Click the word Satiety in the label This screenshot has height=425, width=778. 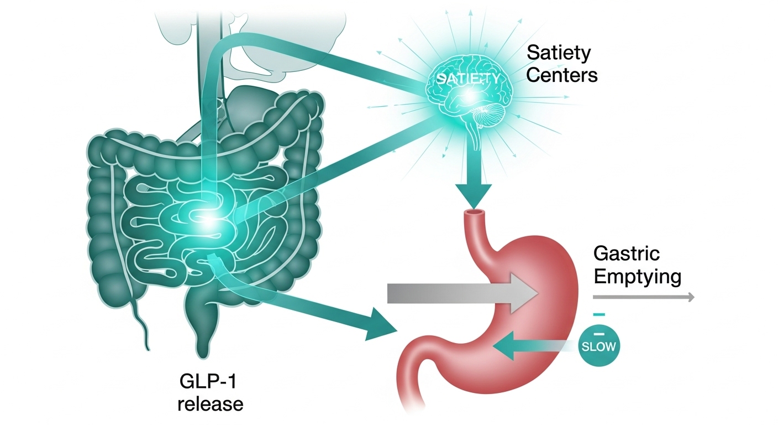tap(559, 54)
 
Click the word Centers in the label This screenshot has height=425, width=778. tap(562, 75)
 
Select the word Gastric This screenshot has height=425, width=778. tap(627, 254)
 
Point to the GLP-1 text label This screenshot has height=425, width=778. tap(210, 382)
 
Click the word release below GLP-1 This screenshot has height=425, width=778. tap(210, 403)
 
